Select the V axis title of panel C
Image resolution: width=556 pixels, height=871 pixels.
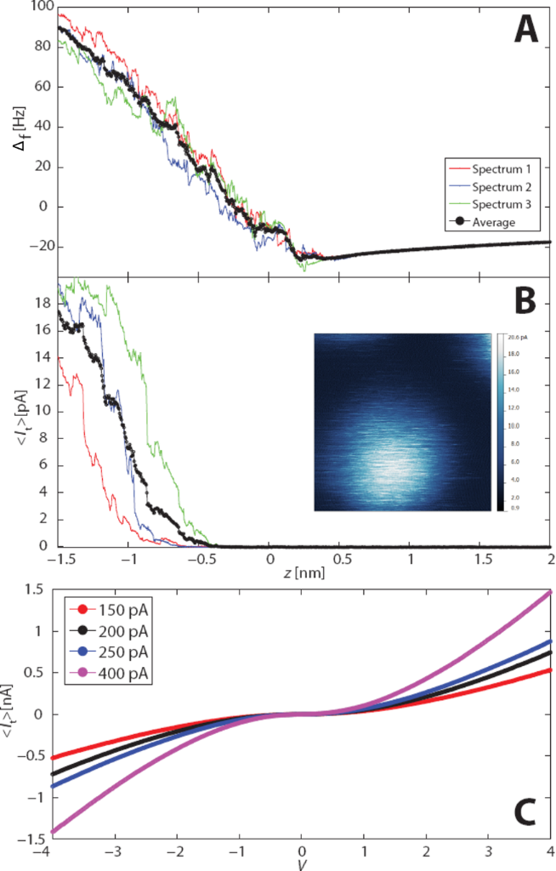(x=302, y=865)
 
